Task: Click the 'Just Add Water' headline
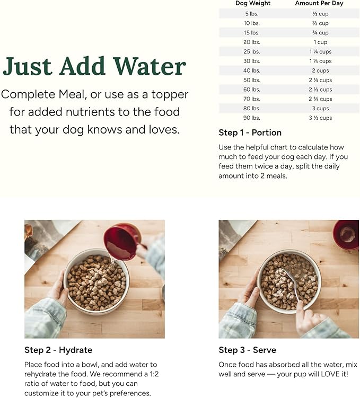[94, 67]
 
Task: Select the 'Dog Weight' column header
[253, 3]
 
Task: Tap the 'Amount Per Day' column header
[319, 3]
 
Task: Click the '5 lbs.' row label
[252, 14]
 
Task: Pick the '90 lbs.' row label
[252, 118]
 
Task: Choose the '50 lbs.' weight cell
[252, 80]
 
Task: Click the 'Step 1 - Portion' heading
[250, 132]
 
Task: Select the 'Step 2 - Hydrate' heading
[58, 350]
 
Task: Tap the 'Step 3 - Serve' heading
[247, 350]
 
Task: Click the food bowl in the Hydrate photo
[96, 280]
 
